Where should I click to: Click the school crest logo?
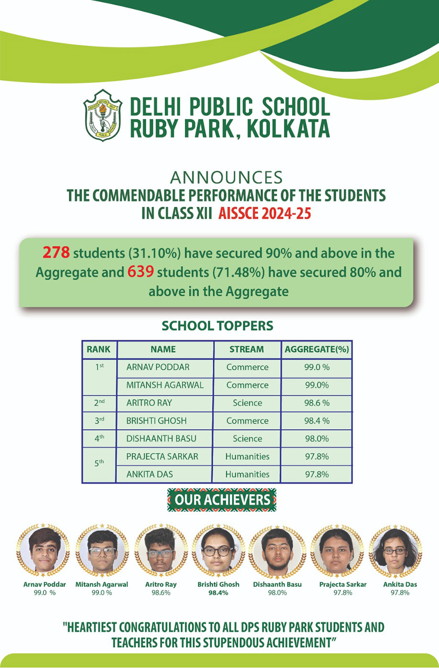pos(103,115)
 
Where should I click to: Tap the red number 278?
pos(56,252)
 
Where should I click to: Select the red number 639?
pos(140,272)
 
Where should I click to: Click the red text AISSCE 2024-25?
pos(264,213)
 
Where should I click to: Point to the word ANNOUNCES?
pos(226,177)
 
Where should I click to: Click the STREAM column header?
pos(246,349)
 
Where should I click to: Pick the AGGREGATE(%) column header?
pos(317,349)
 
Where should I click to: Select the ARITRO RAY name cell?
pos(149,403)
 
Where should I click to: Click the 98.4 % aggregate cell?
pos(317,421)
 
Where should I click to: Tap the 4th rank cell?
pos(99,438)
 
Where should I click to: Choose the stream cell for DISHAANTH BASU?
pos(247,438)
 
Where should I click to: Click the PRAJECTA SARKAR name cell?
pos(162,456)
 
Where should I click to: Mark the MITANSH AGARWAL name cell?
pos(165,385)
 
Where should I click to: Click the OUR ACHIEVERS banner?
pos(222,500)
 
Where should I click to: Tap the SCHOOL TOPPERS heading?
pos(217,326)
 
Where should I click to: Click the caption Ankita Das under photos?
pos(400,584)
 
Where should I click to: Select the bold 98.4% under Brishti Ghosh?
pos(218,593)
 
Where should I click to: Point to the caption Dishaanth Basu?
pos(277,584)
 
